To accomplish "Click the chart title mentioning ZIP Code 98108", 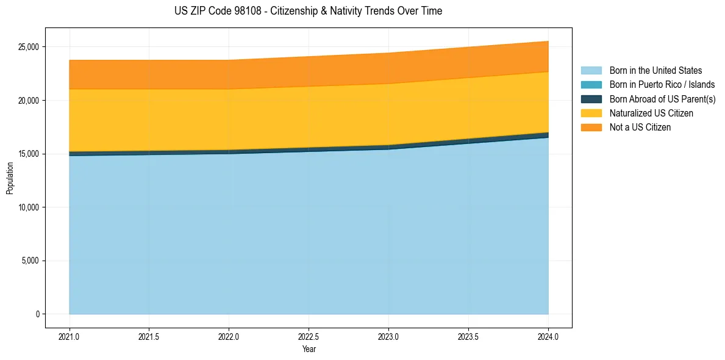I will click(x=308, y=11).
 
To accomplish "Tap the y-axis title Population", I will click(x=10, y=178).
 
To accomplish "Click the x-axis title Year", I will click(x=309, y=349).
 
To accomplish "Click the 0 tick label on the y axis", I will click(x=37, y=314).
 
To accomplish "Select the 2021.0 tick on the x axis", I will click(x=70, y=336).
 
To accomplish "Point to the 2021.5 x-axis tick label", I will click(x=149, y=336).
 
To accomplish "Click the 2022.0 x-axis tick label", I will click(x=229, y=336).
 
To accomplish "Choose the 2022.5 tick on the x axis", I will click(x=309, y=336).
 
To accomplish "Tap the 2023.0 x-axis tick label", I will click(x=389, y=336).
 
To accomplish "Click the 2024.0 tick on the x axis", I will click(x=548, y=336).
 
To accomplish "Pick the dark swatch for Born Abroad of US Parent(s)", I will click(x=591, y=99).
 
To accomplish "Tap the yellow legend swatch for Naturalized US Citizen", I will click(x=591, y=113).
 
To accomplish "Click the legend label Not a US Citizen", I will click(x=640, y=128).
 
